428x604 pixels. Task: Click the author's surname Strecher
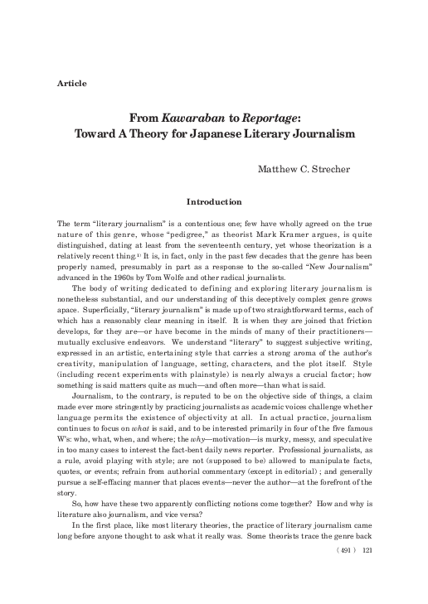329,171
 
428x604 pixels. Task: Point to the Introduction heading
214,201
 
